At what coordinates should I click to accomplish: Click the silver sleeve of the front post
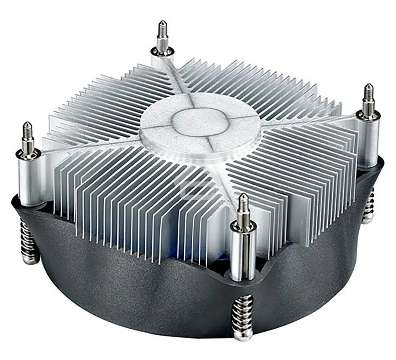point(243,255)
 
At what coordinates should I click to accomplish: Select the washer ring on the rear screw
point(162,51)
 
